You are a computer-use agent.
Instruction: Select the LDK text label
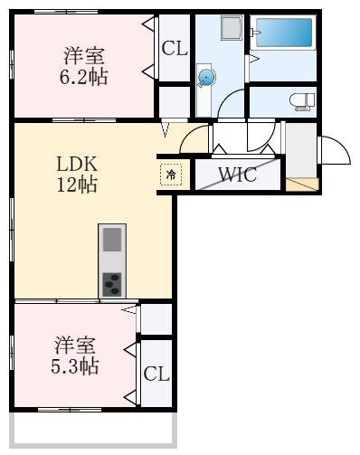pyautogui.click(x=77, y=164)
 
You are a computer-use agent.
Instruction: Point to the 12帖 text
pyautogui.click(x=77, y=185)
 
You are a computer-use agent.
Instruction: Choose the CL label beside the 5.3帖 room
pyautogui.click(x=156, y=373)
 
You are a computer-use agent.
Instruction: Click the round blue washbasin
pyautogui.click(x=207, y=79)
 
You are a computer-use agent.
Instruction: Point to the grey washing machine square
pyautogui.click(x=230, y=28)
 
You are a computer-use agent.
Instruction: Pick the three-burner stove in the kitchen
pyautogui.click(x=111, y=283)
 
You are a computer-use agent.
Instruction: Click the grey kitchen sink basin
pyautogui.click(x=111, y=240)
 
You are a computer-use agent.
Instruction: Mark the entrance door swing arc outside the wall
pyautogui.click(x=336, y=149)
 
